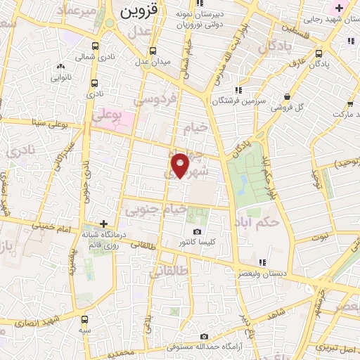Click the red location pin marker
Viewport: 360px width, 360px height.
click(x=181, y=165)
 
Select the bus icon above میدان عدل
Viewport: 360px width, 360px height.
click(x=153, y=51)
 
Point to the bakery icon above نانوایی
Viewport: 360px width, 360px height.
click(x=60, y=67)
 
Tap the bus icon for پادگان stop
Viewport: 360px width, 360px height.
click(x=319, y=53)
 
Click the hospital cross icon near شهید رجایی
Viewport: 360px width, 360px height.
click(x=340, y=8)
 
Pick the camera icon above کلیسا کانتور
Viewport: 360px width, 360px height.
click(x=197, y=232)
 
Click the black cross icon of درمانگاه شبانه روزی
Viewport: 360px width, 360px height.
click(x=103, y=224)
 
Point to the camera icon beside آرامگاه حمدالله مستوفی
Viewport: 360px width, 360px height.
click(x=205, y=337)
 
